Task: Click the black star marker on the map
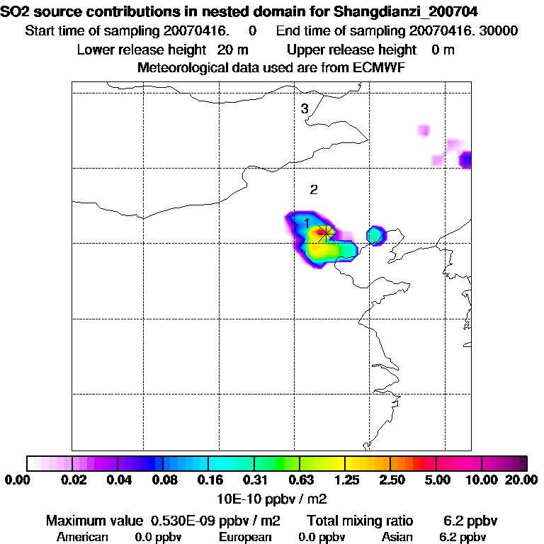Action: pyautogui.click(x=325, y=232)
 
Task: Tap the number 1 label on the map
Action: pyautogui.click(x=307, y=222)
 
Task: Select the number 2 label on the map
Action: pyautogui.click(x=313, y=189)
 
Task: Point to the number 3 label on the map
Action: pyautogui.click(x=305, y=108)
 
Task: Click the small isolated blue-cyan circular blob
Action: pyautogui.click(x=375, y=234)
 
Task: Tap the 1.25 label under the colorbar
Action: pyautogui.click(x=345, y=480)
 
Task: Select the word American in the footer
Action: pyautogui.click(x=82, y=537)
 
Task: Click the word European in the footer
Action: pyautogui.click(x=244, y=537)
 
